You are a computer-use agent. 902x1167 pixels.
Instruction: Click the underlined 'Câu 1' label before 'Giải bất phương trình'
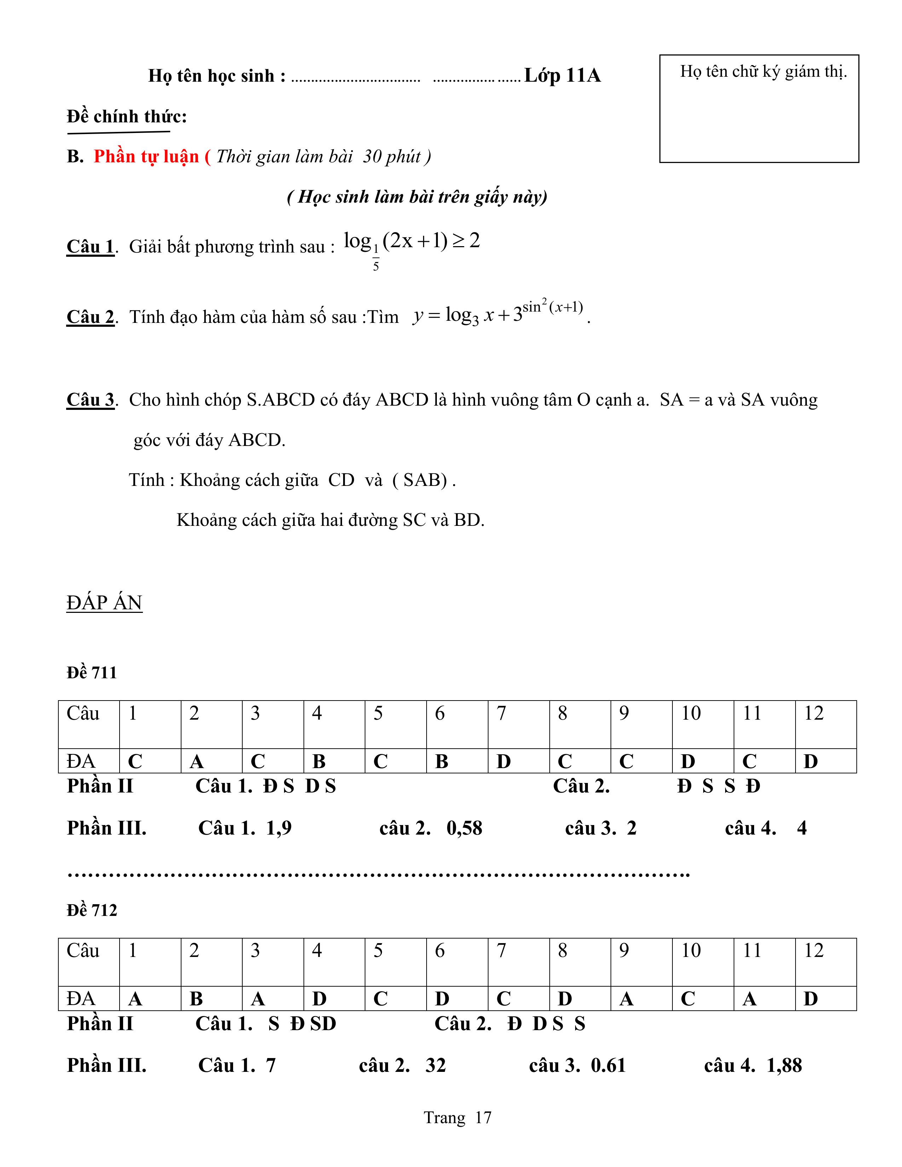pyautogui.click(x=90, y=246)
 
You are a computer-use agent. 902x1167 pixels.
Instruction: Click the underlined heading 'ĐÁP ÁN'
pyautogui.click(x=104, y=603)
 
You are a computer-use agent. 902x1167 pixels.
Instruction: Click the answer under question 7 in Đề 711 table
pyautogui.click(x=503, y=761)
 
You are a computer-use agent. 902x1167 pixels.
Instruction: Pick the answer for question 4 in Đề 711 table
pyautogui.click(x=319, y=761)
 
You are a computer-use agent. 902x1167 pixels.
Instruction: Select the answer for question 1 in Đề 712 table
pyautogui.click(x=135, y=999)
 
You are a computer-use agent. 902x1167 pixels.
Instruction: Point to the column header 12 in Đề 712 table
pyautogui.click(x=814, y=951)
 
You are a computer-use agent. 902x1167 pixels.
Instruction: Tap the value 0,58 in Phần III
pyautogui.click(x=464, y=828)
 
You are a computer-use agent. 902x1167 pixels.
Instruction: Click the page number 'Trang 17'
pyautogui.click(x=457, y=1117)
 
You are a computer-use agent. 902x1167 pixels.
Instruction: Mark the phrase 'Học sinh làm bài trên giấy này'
pyautogui.click(x=417, y=197)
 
